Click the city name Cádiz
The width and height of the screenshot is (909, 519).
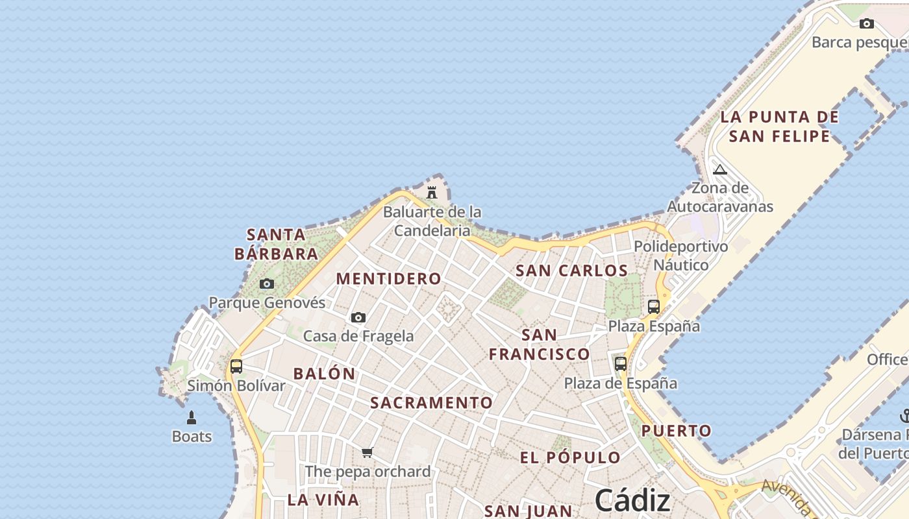point(632,500)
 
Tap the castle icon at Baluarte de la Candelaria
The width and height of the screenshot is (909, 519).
point(432,192)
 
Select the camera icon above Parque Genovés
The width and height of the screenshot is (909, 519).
point(267,284)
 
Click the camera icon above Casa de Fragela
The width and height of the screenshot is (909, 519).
point(358,317)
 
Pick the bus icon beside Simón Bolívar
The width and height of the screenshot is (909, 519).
point(236,366)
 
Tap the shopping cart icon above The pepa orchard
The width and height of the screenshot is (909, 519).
point(367,452)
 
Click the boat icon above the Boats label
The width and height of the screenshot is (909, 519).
point(192,417)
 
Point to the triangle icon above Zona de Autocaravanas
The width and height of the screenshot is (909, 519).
point(719,170)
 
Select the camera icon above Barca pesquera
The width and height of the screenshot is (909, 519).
point(867,24)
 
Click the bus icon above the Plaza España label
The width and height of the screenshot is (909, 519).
point(654,306)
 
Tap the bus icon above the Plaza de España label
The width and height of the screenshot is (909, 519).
point(621,363)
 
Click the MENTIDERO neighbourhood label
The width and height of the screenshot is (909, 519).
point(388,279)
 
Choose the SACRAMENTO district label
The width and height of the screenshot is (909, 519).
point(432,403)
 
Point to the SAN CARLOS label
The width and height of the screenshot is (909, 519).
point(571,271)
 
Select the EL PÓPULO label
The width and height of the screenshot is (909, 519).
point(570,457)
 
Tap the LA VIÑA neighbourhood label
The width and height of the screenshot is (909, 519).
point(323,500)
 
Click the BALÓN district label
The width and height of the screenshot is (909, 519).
point(324,374)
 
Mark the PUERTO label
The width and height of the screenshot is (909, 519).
point(677,431)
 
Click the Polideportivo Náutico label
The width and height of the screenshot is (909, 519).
point(680,256)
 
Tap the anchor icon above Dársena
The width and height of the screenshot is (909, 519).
point(904,415)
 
